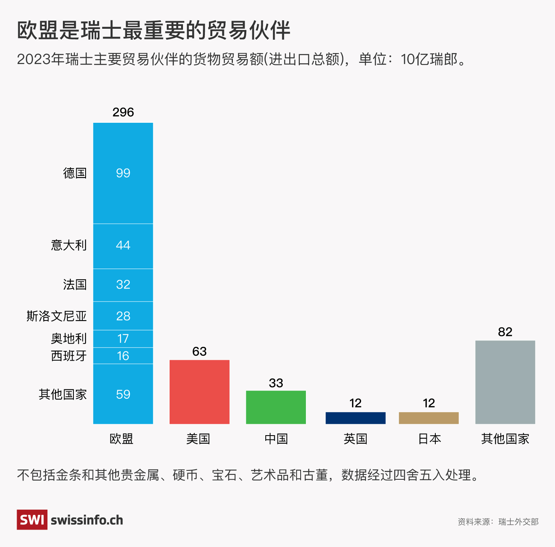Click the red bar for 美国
click(199, 392)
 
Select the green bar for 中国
click(276, 407)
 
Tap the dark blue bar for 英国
click(355, 418)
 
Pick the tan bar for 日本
click(429, 418)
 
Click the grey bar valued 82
click(505, 382)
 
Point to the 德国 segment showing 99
click(123, 173)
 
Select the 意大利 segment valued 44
click(123, 246)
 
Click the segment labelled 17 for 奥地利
click(123, 339)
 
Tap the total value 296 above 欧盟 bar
click(123, 112)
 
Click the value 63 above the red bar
click(199, 351)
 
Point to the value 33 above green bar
click(276, 383)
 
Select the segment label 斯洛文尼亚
click(57, 316)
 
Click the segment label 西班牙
click(69, 356)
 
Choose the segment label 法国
click(75, 284)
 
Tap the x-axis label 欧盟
click(121, 438)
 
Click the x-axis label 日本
click(429, 438)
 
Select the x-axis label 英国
click(355, 438)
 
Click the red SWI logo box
click(32, 519)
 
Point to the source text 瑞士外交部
click(518, 522)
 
